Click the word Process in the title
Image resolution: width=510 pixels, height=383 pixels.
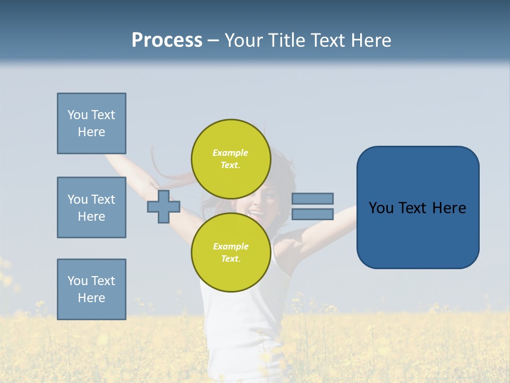pyautogui.click(x=167, y=40)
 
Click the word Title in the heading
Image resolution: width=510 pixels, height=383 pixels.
pyautogui.click(x=287, y=40)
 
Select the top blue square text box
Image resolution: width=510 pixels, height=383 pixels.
pyautogui.click(x=91, y=123)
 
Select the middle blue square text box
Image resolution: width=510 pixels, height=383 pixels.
pyautogui.click(x=91, y=207)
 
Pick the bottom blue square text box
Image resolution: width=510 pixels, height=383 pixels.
pyautogui.click(x=91, y=289)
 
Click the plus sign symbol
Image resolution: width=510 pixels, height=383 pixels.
pyautogui.click(x=164, y=206)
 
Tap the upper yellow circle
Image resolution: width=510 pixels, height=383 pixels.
pyautogui.click(x=231, y=159)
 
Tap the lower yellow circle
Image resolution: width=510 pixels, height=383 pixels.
pyautogui.click(x=231, y=252)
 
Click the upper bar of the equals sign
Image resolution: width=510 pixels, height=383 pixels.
pyautogui.click(x=312, y=198)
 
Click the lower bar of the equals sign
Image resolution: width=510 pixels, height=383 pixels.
pyautogui.click(x=312, y=214)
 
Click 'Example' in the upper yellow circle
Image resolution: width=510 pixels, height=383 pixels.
pyautogui.click(x=231, y=153)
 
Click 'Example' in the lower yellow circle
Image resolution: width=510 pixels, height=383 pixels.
pyautogui.click(x=231, y=246)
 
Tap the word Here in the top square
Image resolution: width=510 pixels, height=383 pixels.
pyautogui.click(x=91, y=132)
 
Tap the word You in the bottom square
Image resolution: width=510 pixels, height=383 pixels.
pyautogui.click(x=78, y=280)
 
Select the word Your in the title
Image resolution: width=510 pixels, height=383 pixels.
pyautogui.click(x=243, y=40)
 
